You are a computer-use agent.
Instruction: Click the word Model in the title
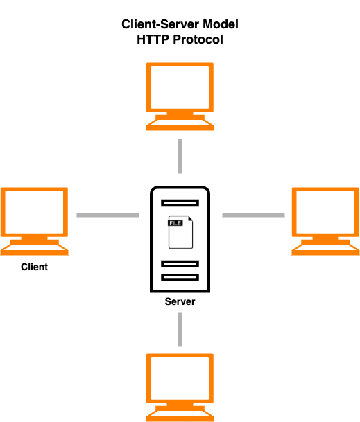point(221,24)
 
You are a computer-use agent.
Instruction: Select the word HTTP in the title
point(153,39)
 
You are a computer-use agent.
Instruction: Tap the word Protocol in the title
point(198,39)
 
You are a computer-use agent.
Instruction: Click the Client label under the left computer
point(35,267)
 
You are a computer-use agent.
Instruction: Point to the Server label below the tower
point(180,301)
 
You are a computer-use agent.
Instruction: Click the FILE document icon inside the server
point(180,232)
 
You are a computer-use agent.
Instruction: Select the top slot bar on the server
point(180,203)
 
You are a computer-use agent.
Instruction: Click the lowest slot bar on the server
point(180,277)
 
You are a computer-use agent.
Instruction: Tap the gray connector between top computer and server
point(180,156)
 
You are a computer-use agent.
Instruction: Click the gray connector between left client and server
point(108,215)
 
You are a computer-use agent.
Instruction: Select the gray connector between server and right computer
point(254,215)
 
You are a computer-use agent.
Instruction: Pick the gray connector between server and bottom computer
point(180,329)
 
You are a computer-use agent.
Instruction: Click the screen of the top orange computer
point(180,87)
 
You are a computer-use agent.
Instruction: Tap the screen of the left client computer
point(34,212)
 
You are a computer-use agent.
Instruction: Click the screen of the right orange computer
point(325,212)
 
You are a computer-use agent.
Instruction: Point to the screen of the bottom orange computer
point(180,378)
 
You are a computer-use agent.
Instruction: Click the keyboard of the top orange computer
point(180,125)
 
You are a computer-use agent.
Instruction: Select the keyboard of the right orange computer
point(325,249)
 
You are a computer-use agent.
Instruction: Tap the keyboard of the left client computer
point(34,249)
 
